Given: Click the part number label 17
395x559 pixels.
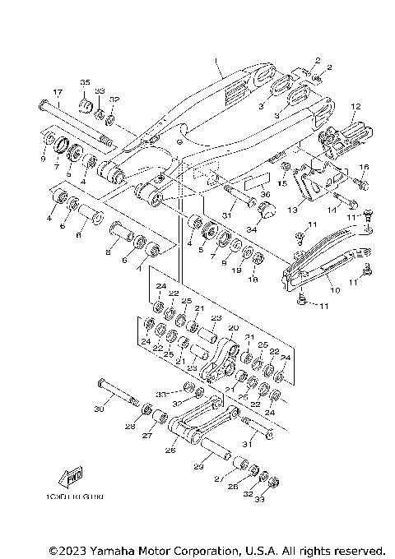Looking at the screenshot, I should click(x=58, y=91).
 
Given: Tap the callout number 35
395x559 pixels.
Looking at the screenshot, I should click(x=84, y=84).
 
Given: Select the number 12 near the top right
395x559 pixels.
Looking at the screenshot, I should click(x=356, y=106).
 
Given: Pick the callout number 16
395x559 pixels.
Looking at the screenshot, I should click(x=365, y=167).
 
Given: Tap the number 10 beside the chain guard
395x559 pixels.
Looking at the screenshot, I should click(x=334, y=290).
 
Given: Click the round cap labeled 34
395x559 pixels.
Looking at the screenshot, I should click(x=265, y=213).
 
